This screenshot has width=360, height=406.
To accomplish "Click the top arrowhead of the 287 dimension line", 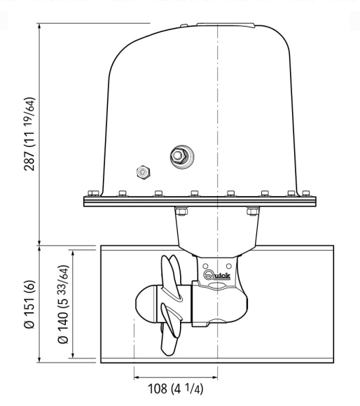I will coord(40,27).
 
